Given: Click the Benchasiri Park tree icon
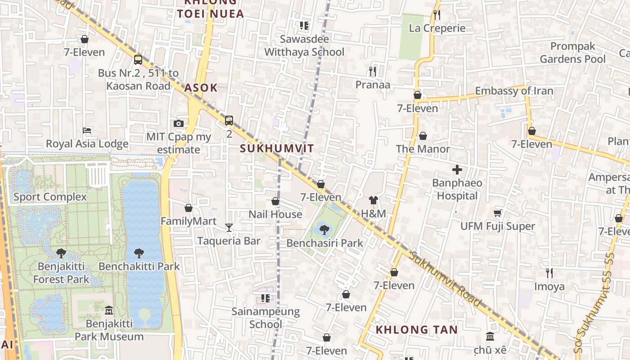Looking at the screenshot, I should [x=324, y=230].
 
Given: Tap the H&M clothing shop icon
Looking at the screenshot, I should [x=373, y=200].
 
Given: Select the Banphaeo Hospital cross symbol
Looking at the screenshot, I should [x=457, y=170].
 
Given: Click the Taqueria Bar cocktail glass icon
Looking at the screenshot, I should [x=229, y=228].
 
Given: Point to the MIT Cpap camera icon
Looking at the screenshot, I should [x=179, y=124].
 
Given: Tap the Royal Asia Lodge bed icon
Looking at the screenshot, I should [x=87, y=130].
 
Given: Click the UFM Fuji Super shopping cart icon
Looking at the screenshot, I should [x=497, y=213].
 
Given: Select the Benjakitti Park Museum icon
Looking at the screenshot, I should [x=109, y=310].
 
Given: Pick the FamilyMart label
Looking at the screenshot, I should [x=189, y=221].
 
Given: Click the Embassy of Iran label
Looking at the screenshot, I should [x=514, y=91].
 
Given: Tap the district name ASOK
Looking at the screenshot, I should [x=201, y=88].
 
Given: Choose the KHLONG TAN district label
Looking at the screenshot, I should [x=416, y=330].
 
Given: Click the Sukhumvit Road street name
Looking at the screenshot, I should [x=445, y=279].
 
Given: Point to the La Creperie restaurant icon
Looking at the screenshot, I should [x=436, y=15].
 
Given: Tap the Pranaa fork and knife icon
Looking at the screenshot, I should [x=373, y=72].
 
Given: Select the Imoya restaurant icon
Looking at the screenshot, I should [x=549, y=273].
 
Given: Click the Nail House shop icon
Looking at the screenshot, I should [x=275, y=201].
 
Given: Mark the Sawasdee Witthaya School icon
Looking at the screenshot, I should [x=304, y=26].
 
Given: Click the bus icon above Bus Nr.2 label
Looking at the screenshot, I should [x=138, y=59].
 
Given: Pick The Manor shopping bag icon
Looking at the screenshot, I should [x=423, y=135].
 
